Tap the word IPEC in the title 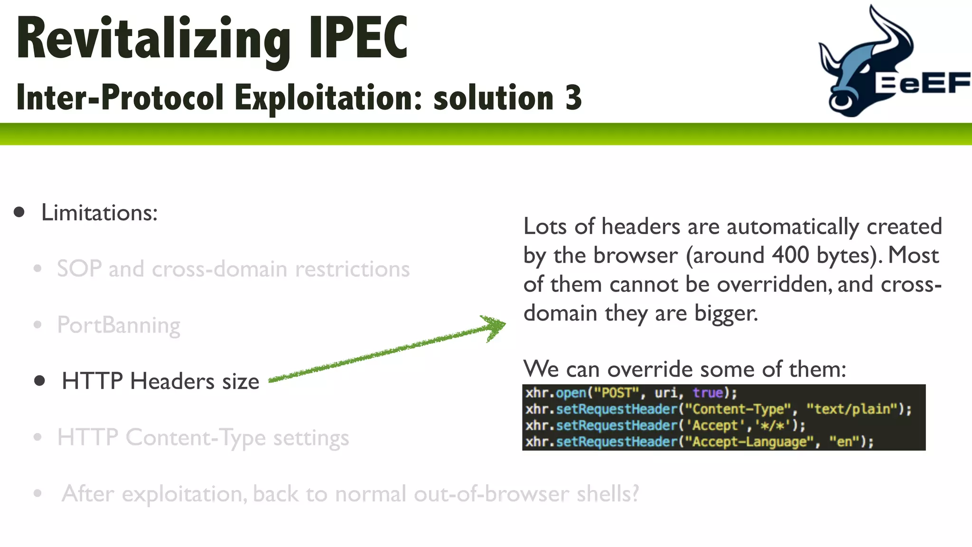[x=358, y=38]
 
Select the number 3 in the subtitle [x=573, y=98]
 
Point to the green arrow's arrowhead [x=495, y=327]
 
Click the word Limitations [x=99, y=213]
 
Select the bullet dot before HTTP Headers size [x=40, y=381]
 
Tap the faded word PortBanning [x=119, y=326]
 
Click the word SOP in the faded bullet [x=79, y=269]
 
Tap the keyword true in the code [x=708, y=393]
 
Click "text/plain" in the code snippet [x=852, y=409]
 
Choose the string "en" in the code [x=844, y=442]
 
